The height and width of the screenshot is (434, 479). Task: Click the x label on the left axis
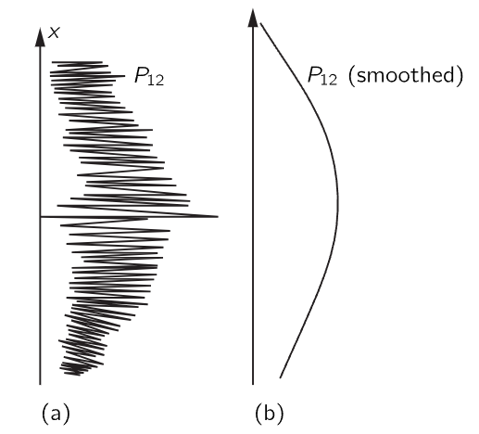click(x=54, y=32)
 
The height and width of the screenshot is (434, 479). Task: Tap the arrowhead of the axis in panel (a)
click(x=40, y=37)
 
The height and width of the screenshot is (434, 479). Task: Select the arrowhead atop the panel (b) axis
click(x=253, y=18)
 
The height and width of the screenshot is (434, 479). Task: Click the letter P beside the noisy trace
click(x=141, y=75)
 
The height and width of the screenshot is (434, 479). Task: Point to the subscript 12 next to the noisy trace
click(x=156, y=81)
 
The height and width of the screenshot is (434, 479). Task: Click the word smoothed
click(x=405, y=75)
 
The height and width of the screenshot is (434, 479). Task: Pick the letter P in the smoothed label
click(x=313, y=75)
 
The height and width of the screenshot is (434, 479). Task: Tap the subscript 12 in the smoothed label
click(x=329, y=81)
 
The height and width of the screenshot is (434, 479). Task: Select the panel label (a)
click(x=56, y=414)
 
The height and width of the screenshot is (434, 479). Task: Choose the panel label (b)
click(x=270, y=414)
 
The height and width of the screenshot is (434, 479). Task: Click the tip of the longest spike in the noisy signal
click(x=218, y=216)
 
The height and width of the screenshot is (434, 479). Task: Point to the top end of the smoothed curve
click(x=261, y=23)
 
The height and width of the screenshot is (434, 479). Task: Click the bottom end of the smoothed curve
click(x=280, y=377)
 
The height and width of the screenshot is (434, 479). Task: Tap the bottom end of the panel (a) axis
click(x=40, y=384)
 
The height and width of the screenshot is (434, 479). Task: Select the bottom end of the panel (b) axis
click(x=253, y=384)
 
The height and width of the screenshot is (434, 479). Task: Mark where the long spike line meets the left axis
click(x=40, y=217)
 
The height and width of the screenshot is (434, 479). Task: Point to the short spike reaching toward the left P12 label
click(x=119, y=76)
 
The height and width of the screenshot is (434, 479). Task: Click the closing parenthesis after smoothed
click(x=460, y=75)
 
